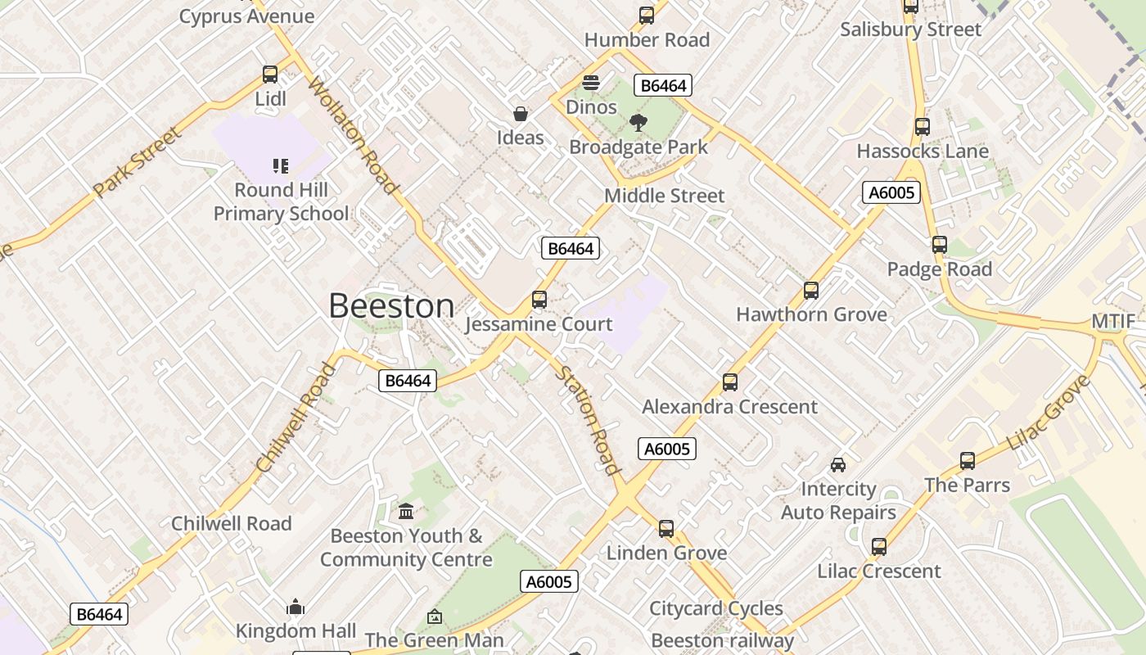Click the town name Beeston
(391, 306)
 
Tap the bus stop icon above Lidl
(270, 75)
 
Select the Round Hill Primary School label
(281, 201)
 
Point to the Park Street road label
(136, 161)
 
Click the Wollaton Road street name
(354, 135)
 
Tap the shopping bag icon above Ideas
(521, 114)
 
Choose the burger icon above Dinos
(591, 83)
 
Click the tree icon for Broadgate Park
(638, 124)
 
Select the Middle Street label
(664, 196)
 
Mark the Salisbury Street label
(910, 29)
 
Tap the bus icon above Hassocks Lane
(923, 127)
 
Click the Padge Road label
(939, 269)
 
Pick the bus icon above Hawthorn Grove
(811, 290)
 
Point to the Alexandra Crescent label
(729, 407)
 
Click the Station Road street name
(587, 420)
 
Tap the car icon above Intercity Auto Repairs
(838, 465)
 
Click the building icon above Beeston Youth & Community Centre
(406, 512)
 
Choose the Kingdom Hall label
(296, 631)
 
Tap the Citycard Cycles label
(716, 608)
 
